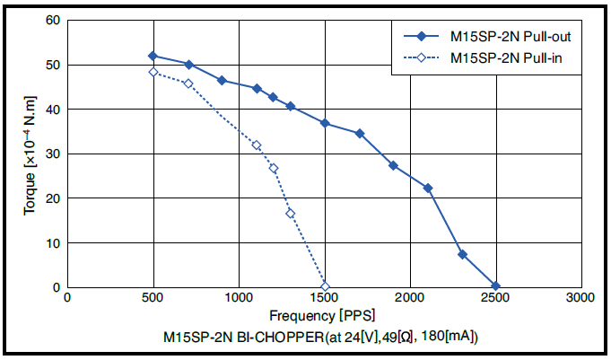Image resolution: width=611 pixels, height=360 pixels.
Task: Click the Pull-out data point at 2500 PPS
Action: [495, 286]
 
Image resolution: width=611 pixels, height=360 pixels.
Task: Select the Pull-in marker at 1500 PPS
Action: [325, 287]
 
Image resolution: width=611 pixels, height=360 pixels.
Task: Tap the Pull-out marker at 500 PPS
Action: [153, 56]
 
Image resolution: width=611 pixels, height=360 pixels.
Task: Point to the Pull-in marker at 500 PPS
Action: [153, 72]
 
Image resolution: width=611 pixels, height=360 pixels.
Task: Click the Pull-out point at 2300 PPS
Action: [462, 254]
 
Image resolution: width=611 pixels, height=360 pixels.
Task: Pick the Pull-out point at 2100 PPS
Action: [428, 188]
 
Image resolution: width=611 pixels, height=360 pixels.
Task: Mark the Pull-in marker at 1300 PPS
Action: [291, 214]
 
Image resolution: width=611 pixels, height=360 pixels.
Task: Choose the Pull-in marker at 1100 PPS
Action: [257, 145]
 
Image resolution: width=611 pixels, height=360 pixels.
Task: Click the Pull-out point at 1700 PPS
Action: [360, 133]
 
